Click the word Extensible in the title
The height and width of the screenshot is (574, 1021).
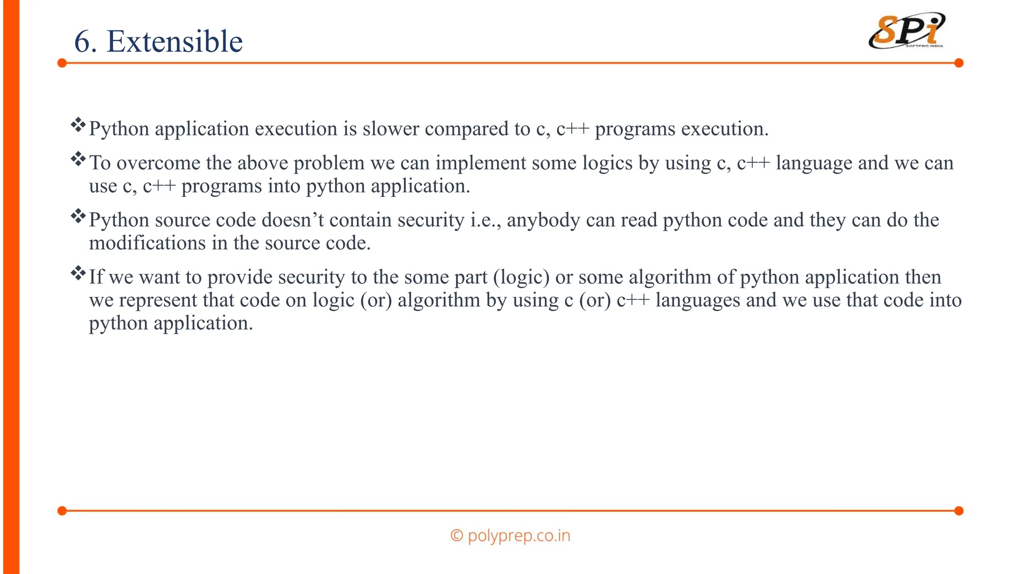tap(174, 41)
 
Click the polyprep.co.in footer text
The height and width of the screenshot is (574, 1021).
tap(510, 536)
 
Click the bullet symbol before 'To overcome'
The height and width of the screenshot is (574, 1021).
tap(78, 159)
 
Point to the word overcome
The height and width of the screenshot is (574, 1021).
tap(158, 163)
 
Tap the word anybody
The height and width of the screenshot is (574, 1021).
tap(543, 220)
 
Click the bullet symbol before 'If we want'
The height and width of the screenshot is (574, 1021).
tap(78, 274)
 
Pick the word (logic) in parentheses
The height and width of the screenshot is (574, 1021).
tap(521, 278)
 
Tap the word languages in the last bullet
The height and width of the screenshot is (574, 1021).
tap(698, 300)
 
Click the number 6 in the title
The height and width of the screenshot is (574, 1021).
tap(83, 41)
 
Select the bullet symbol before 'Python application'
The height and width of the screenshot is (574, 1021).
tap(78, 125)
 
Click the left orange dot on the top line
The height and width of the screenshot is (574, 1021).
tap(62, 63)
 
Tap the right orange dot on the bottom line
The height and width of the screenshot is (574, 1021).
tap(959, 511)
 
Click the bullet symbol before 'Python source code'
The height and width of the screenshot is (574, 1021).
tap(78, 216)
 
